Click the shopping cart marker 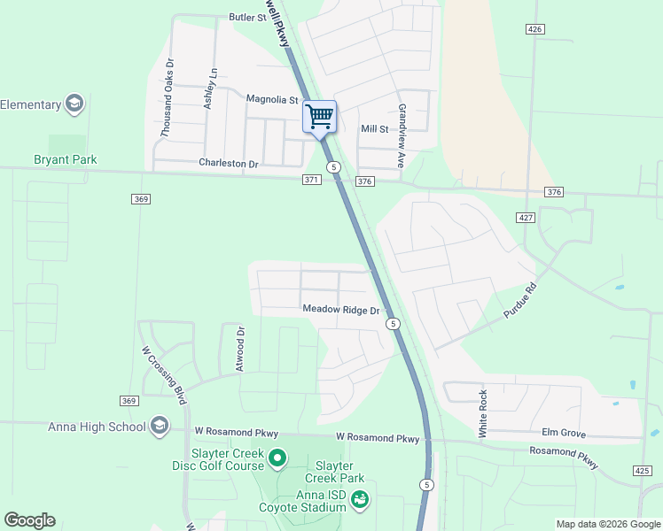click(319, 116)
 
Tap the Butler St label click(247, 17)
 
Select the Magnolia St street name click(271, 99)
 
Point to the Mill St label click(374, 129)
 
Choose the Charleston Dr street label click(228, 164)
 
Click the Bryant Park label click(65, 160)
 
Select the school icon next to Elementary click(75, 104)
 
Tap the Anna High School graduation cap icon click(160, 427)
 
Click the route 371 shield click(310, 181)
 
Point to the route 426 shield click(534, 29)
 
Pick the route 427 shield click(526, 217)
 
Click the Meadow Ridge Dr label click(340, 311)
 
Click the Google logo click(29, 520)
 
